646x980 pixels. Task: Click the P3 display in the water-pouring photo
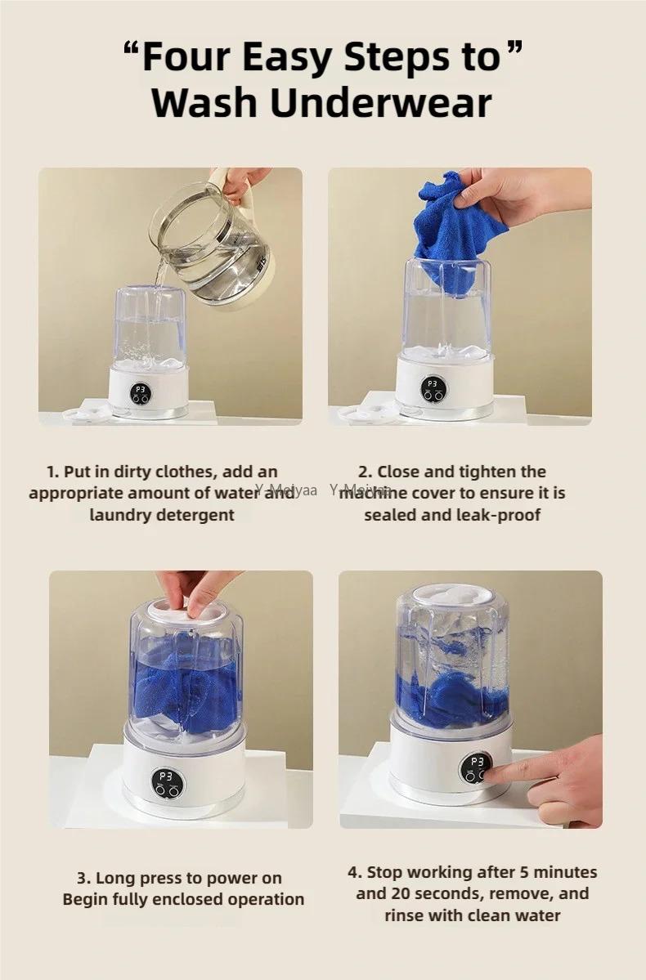141,390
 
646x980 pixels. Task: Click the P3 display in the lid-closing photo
165,776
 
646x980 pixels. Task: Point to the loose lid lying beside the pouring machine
86,414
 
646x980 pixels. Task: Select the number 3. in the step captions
83,879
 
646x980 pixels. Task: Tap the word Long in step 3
117,879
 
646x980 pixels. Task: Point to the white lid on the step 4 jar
451,594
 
